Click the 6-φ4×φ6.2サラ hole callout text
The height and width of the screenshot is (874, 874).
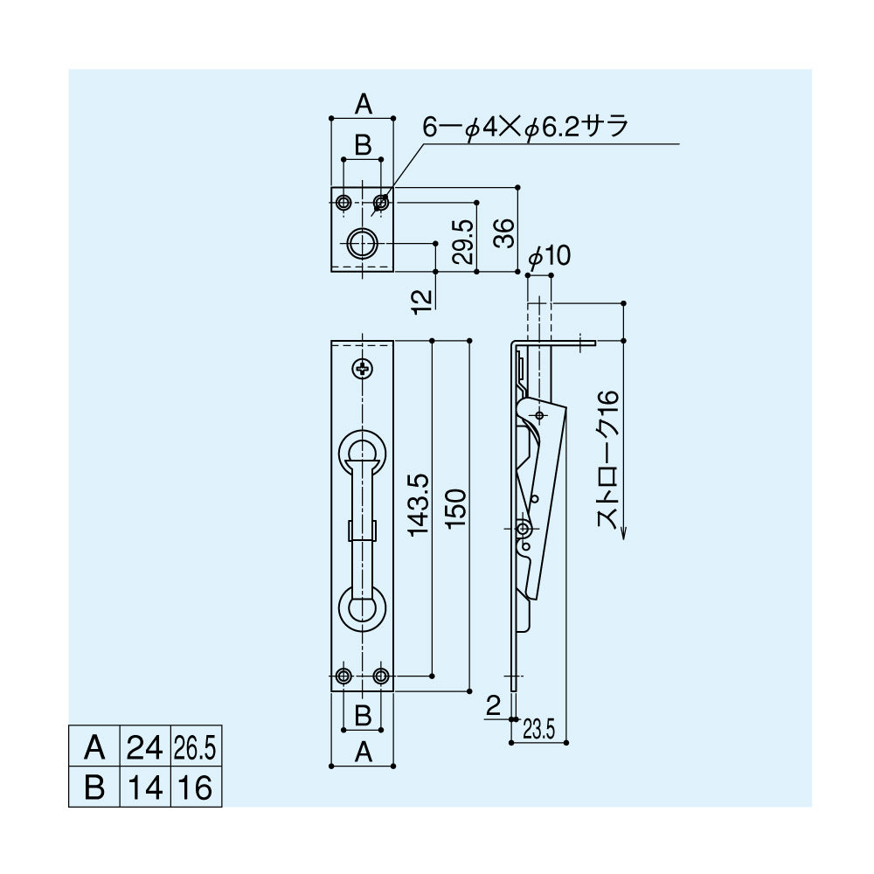[x=524, y=128]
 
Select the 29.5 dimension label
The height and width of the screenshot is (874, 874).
[x=463, y=242]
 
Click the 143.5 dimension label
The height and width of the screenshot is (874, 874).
[x=417, y=505]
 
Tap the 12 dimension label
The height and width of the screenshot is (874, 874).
[x=422, y=299]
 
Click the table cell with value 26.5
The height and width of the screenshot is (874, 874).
[x=194, y=748]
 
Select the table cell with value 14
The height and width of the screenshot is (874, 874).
[x=144, y=787]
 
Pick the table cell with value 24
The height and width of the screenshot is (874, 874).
[x=144, y=748]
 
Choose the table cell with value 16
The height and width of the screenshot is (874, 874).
[x=194, y=787]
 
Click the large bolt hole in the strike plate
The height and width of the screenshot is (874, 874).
[x=362, y=243]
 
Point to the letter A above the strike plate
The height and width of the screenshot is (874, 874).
[x=363, y=106]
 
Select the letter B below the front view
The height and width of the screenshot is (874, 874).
[x=362, y=714]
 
